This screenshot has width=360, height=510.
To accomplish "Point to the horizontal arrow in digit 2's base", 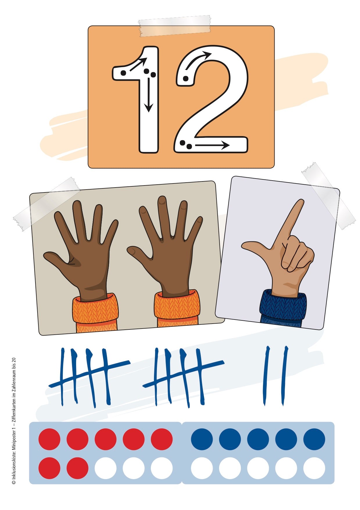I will (x=212, y=145).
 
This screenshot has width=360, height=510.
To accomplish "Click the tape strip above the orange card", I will (x=175, y=26).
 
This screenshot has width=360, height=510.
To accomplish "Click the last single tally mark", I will (x=285, y=375).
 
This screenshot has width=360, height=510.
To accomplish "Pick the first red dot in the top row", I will (x=49, y=439).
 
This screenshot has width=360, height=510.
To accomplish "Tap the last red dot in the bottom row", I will (x=77, y=468).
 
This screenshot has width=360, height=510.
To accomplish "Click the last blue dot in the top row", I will (x=314, y=439).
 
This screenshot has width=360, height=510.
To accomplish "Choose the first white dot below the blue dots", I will (x=202, y=468).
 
